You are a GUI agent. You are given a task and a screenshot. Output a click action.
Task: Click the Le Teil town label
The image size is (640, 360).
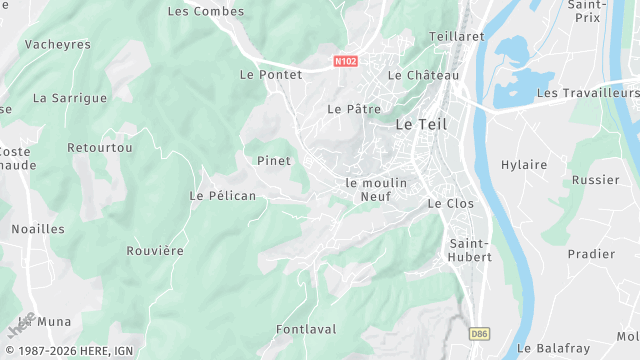coord(421,125)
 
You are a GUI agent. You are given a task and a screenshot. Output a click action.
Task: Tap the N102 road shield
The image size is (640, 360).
coord(346,62)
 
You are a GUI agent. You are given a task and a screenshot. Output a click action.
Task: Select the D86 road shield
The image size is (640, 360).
coord(482,332)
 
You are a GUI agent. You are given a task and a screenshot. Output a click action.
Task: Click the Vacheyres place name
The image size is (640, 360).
coord(57,45)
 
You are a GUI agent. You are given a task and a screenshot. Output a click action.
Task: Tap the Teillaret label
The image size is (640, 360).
coord(456,36)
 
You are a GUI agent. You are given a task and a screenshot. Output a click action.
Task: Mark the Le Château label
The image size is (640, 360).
coord(424,76)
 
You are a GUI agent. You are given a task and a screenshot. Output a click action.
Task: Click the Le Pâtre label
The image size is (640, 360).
coord(349,108)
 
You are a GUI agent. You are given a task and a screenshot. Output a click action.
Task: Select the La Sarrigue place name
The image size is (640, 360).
coord(70,99)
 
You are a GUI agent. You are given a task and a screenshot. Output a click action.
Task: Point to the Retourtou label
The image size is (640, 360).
coord(93,148)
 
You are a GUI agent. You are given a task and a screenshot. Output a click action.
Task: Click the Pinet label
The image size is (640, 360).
coord(274,161)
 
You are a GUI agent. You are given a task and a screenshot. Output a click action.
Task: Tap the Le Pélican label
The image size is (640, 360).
coord(223,196)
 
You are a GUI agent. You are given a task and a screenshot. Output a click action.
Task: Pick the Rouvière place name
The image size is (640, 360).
coord(156,251)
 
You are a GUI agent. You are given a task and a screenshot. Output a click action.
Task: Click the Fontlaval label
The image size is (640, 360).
coord(306,329)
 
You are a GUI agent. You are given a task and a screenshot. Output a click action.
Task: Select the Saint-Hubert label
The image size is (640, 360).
coord(470,250)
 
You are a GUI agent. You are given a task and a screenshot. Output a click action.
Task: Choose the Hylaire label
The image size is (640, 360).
coord(524,165)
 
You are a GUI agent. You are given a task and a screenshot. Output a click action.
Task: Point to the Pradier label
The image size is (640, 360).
coord(591,254)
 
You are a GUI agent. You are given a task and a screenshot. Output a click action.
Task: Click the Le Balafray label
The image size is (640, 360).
coord(554,349)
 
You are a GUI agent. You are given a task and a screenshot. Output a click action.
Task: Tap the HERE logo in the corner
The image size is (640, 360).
coord(21,326)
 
